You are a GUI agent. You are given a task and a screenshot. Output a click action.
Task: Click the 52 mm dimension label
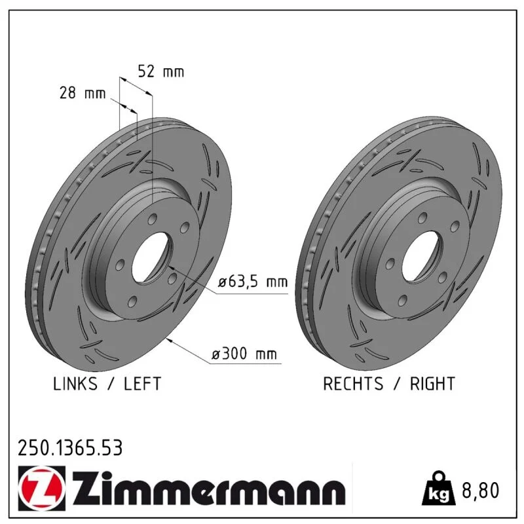coord(161,71)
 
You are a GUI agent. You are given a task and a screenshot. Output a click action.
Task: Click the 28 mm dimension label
coord(83,92)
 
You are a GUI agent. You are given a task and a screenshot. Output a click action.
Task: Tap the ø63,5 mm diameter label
coord(253,282)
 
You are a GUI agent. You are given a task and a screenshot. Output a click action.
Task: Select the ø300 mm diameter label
coord(244,354)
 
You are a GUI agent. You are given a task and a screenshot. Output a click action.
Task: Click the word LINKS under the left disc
coord(75,384)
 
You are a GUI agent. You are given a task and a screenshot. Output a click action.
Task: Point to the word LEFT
coord(143,384)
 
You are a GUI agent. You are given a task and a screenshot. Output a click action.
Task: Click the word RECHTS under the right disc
coord(353,384)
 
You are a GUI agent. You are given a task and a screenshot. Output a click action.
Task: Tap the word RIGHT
coord(432,384)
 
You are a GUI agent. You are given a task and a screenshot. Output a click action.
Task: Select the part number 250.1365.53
coord(70,448)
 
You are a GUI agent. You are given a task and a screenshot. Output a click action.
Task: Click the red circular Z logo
coord(42,488)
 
